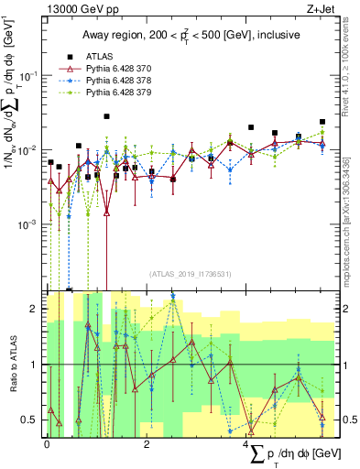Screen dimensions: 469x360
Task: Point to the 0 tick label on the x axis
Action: coord(47,442)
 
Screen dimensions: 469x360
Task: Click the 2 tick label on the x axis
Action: coord(147,442)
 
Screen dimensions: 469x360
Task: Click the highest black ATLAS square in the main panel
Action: coord(107,116)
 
